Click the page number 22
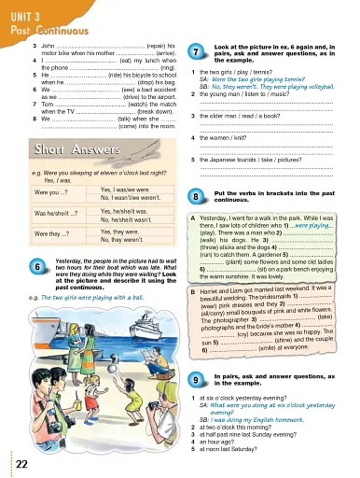point(21,464)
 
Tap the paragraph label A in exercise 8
point(191,214)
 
